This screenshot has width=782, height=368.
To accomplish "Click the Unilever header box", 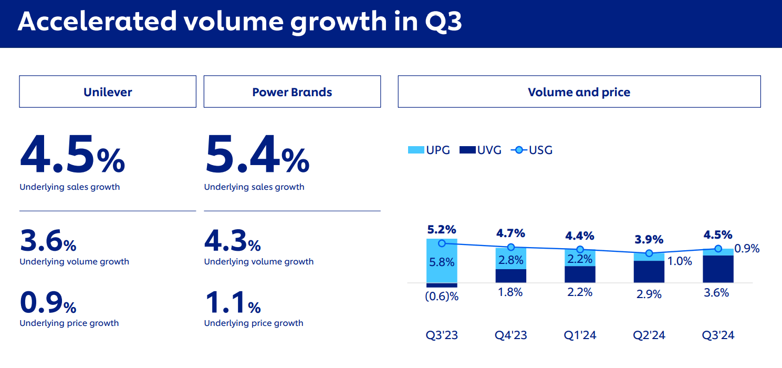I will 108,92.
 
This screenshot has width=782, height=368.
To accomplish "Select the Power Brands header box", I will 292,92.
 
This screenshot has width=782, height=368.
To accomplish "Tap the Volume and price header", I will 579,92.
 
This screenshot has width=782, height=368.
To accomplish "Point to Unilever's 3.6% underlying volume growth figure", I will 48,241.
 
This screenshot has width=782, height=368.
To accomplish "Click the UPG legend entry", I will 430,150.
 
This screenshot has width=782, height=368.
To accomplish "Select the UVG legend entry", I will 481,150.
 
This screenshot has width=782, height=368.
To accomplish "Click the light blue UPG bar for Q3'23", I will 442,261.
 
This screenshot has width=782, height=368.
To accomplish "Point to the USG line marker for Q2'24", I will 649,253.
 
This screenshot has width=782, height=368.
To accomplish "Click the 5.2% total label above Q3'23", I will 442,230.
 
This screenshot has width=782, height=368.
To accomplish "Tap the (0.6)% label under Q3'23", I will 442,296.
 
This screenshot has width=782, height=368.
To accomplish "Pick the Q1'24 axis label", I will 580,335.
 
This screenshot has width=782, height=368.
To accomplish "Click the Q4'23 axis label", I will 510,335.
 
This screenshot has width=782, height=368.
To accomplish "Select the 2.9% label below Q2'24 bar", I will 649,294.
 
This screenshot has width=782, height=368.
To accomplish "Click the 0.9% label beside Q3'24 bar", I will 747,249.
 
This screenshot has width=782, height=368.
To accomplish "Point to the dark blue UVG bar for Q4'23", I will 510,276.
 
